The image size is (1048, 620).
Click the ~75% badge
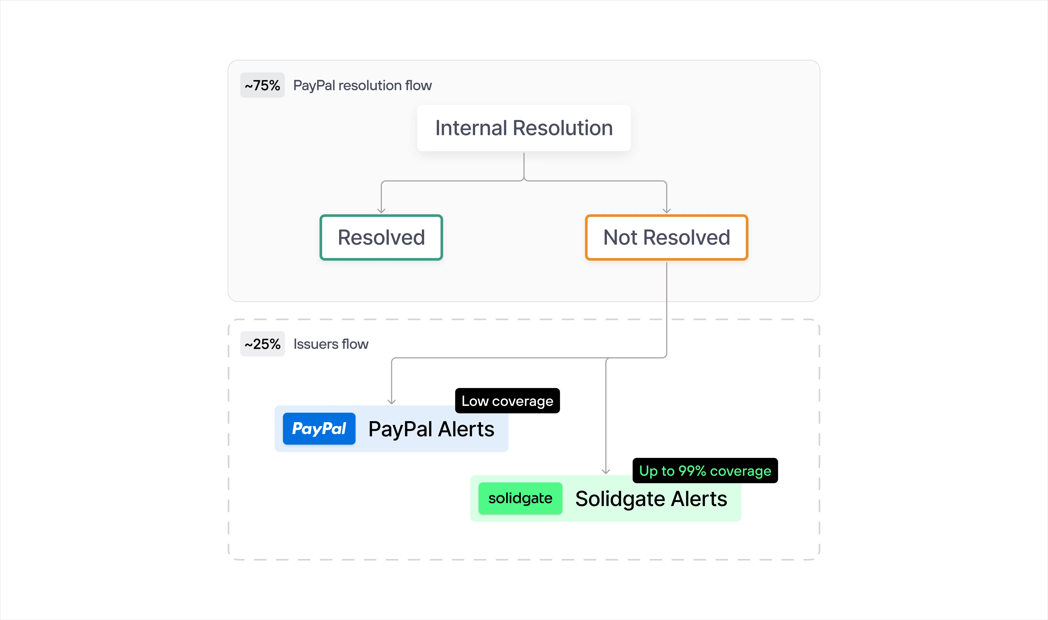[x=262, y=85]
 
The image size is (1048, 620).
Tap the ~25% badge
[x=262, y=344]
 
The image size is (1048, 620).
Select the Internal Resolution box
[x=524, y=128]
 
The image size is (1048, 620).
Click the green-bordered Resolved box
[x=381, y=237]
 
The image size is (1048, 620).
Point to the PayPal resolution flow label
[x=362, y=85]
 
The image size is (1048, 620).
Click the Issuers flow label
[x=331, y=344]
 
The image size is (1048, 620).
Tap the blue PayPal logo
[x=319, y=429]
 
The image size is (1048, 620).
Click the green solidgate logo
[x=520, y=498]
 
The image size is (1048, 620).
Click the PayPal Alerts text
[x=431, y=429]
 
